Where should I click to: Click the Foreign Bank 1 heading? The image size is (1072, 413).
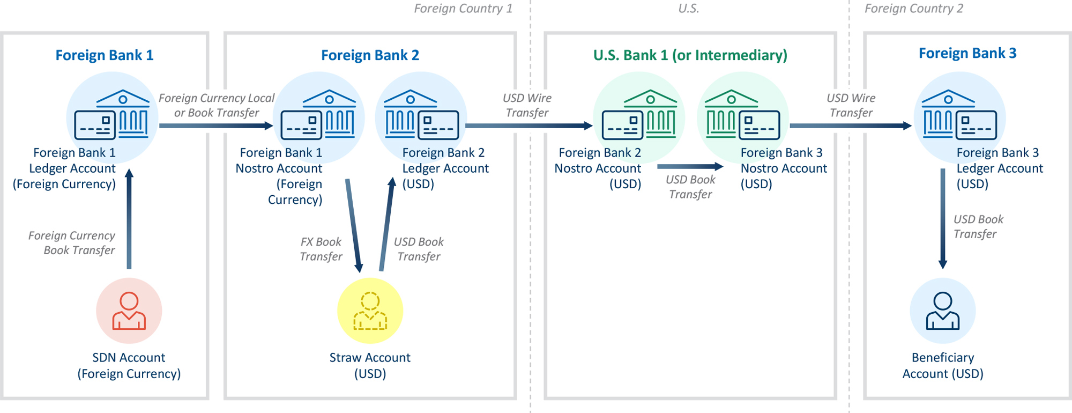(105, 55)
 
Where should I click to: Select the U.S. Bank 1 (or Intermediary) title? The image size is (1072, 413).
(690, 55)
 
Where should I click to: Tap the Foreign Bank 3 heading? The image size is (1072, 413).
(967, 53)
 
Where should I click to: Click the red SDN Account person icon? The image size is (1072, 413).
(129, 311)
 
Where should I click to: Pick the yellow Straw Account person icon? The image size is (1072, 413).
(370, 311)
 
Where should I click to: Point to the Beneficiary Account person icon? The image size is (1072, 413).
(942, 311)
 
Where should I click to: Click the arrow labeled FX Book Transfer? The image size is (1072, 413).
(353, 225)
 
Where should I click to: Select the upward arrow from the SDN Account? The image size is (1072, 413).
(129, 220)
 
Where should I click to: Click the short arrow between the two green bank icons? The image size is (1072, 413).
(690, 167)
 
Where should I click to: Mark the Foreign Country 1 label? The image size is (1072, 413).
(463, 9)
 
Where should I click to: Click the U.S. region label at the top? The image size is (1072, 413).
(689, 9)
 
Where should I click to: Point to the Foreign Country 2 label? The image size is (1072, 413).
(913, 9)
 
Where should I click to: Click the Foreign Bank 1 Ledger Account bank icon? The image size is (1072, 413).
(112, 115)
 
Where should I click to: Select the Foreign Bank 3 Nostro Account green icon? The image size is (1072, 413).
(742, 115)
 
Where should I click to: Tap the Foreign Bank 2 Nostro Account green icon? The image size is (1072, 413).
(638, 115)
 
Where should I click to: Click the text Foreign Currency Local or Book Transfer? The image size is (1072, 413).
(217, 105)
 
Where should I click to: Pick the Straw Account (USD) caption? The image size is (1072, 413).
(370, 365)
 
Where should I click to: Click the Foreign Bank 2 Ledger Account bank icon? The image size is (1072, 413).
(421, 115)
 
